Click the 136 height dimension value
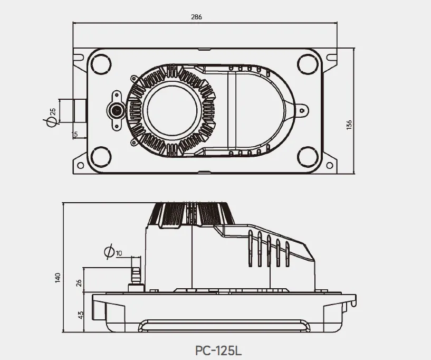tap(349, 124)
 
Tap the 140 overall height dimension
tap(58, 277)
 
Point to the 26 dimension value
tap(80, 282)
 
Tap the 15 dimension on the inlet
tap(75, 134)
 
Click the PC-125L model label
tap(217, 350)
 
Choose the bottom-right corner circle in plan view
tap(308, 157)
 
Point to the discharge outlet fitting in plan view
tap(116, 110)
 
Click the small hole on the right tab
tap(302, 111)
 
